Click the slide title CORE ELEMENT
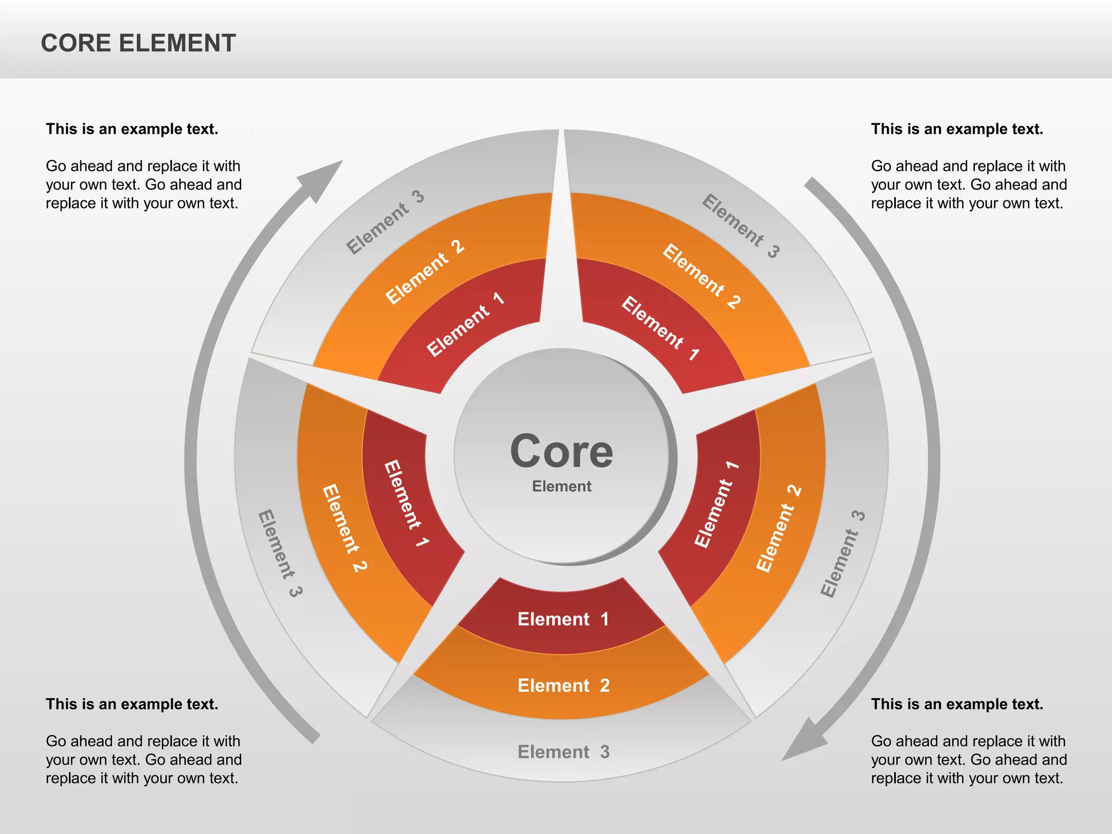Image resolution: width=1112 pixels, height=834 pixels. click(138, 43)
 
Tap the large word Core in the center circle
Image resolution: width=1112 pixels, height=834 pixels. click(561, 452)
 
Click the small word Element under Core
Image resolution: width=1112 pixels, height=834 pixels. click(561, 486)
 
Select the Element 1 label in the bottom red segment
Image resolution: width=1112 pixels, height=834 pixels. click(563, 620)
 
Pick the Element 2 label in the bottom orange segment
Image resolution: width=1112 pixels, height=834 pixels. click(564, 686)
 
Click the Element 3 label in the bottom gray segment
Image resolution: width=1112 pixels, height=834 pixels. click(564, 752)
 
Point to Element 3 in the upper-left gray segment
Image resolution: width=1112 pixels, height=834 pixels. click(385, 222)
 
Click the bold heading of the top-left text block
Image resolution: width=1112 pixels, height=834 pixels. click(132, 129)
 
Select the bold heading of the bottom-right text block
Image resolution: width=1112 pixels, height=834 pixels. click(957, 704)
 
